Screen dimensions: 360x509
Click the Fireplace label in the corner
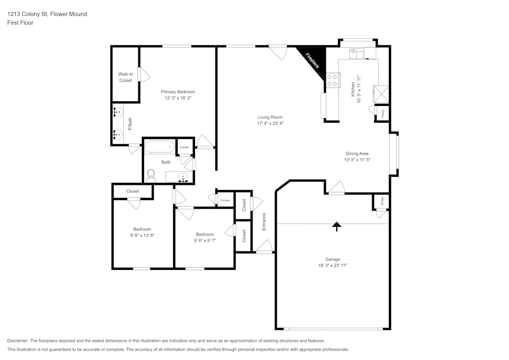312,60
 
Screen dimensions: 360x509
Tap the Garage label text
333,259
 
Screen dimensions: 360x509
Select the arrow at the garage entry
336,226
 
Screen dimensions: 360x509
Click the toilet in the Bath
151,175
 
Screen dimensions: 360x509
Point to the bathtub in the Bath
160,148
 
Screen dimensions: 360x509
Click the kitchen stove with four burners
333,80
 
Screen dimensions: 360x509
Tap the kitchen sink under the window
356,52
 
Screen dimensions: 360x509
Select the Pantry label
382,112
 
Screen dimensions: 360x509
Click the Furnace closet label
225,200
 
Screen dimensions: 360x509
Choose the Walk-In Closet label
126,77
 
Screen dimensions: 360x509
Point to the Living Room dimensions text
270,123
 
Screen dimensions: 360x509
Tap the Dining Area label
357,153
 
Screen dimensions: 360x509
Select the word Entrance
264,221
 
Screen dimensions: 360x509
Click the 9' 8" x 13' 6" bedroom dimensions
143,236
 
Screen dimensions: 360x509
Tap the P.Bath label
130,123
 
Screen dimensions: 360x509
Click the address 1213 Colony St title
47,14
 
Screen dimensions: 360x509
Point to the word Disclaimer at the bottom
18,341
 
